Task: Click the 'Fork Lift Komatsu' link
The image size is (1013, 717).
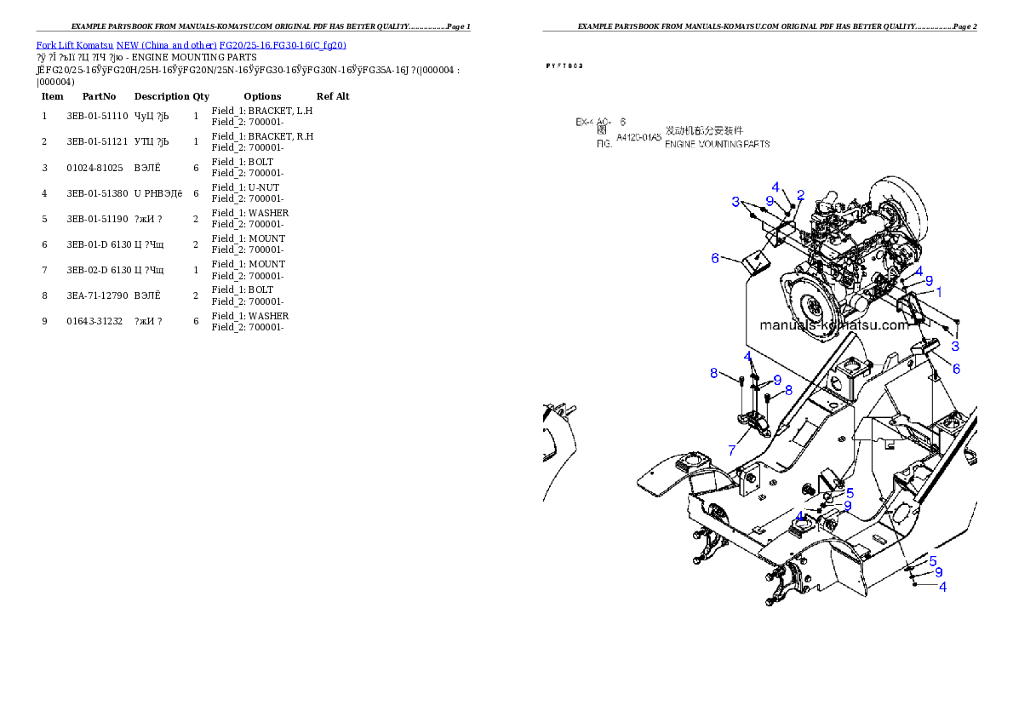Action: click(75, 44)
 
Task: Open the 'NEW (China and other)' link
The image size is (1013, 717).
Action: click(166, 44)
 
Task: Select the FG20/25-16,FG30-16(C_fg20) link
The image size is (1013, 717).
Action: click(283, 44)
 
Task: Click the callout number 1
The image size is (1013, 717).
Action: click(939, 291)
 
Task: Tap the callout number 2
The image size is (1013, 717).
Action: click(800, 195)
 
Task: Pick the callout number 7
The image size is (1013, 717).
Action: click(731, 450)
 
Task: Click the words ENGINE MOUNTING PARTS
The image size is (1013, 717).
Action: click(717, 144)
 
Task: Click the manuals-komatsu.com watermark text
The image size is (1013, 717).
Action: click(833, 325)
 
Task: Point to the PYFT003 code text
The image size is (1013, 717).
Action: click(564, 66)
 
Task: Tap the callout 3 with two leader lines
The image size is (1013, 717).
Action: click(735, 202)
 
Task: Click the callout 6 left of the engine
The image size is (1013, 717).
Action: click(715, 257)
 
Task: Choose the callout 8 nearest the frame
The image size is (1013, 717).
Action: click(789, 390)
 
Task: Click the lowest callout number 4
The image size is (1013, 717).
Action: click(942, 586)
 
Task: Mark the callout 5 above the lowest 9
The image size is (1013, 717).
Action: click(933, 560)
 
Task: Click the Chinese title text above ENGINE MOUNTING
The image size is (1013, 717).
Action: click(703, 130)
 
